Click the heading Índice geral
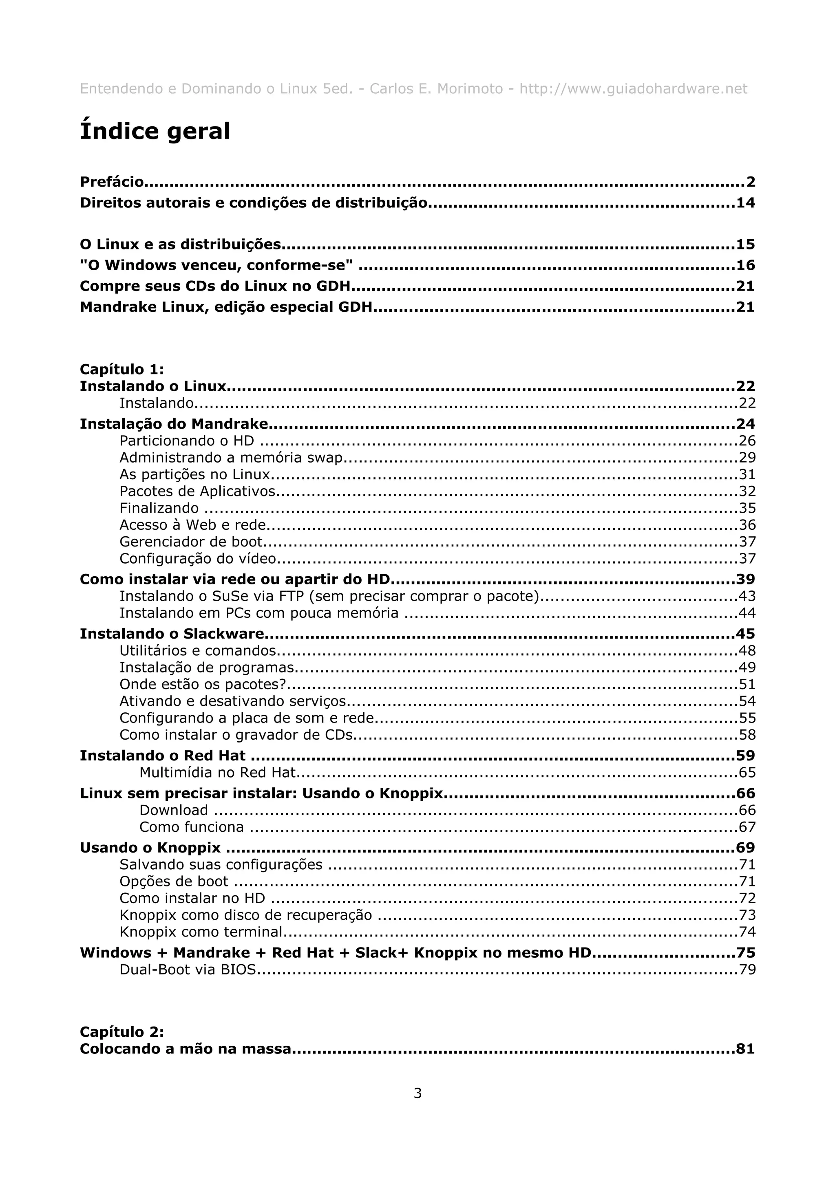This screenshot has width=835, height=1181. click(x=155, y=131)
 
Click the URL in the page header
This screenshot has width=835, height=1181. click(x=633, y=89)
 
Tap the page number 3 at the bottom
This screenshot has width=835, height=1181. click(x=417, y=1093)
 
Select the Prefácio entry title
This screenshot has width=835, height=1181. click(x=112, y=182)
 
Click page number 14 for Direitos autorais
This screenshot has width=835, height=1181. click(x=745, y=203)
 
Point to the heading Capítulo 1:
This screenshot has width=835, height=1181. click(x=122, y=369)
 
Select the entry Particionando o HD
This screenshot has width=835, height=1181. click(x=187, y=441)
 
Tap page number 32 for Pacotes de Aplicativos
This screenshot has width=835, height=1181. click(x=747, y=491)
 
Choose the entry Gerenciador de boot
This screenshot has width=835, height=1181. click(x=191, y=542)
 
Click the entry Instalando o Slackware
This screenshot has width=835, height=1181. click(x=172, y=634)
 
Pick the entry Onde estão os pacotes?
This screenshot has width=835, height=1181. click(x=203, y=685)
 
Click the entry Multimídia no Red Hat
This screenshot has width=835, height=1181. click(x=218, y=773)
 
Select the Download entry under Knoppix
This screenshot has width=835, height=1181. click(x=173, y=810)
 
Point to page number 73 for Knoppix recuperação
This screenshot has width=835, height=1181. click(x=747, y=915)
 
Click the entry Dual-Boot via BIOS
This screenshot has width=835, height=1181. click(x=187, y=969)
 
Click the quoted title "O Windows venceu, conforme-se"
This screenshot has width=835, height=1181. click(x=216, y=265)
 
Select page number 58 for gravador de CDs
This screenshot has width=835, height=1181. click(x=747, y=735)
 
